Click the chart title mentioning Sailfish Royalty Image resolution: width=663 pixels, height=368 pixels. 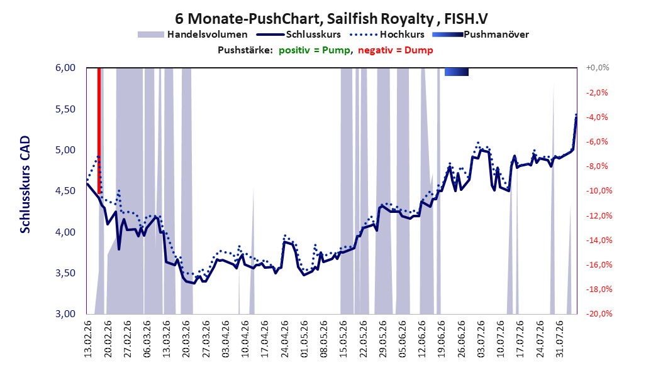coord(331,19)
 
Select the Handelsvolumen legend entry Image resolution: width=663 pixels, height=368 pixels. coord(192,35)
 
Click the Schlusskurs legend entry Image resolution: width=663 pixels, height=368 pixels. coord(299,35)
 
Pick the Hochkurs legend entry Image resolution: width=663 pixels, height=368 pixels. coord(387,35)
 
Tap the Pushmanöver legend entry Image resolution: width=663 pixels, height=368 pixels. coord(481,35)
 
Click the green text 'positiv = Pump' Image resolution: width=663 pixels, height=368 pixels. coord(315,50)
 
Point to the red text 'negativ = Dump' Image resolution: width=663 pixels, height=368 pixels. coord(396,50)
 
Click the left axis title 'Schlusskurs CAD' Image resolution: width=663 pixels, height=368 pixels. coord(25,185)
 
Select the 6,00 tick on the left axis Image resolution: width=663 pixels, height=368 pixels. coord(65,68)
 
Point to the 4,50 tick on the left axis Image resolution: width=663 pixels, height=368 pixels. coord(65,191)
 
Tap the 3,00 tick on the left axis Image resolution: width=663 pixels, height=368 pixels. coord(65,314)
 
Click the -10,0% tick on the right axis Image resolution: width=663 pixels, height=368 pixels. coord(599,191)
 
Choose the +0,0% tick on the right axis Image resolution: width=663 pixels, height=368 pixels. coord(598,68)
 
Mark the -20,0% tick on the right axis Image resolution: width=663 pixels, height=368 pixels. coord(599,314)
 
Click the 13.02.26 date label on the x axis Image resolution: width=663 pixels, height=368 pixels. coord(88,339)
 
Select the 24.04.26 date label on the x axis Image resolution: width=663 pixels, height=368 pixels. coord(285,339)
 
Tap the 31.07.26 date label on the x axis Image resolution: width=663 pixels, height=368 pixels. coord(559,339)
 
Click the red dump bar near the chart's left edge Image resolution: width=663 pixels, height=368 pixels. coord(99,131)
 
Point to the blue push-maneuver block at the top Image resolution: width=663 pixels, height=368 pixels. coord(457,72)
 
